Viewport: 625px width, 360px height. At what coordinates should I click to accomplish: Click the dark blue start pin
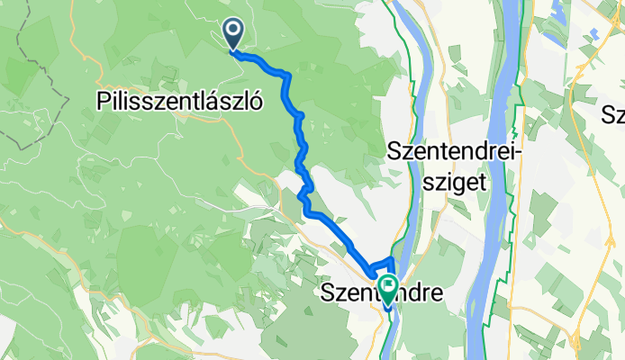point(233,35)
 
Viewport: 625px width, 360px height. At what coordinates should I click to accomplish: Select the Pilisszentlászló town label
point(178,102)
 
